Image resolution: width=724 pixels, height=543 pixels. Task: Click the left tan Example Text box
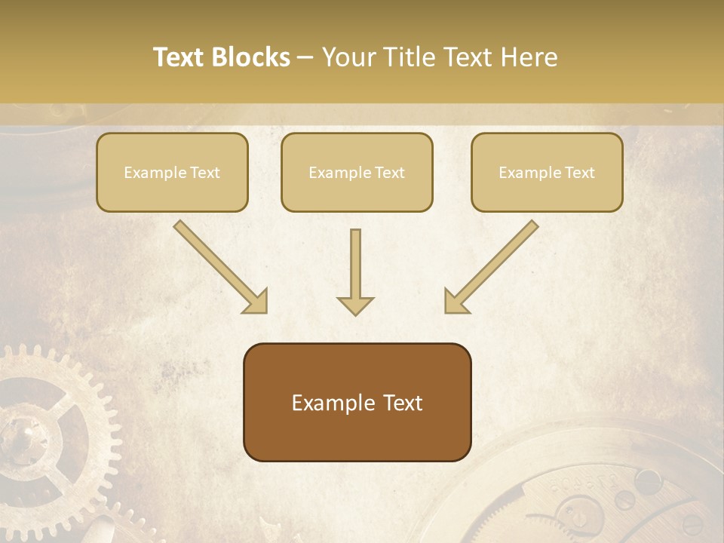[x=172, y=172]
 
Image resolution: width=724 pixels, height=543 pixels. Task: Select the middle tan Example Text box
[x=357, y=172]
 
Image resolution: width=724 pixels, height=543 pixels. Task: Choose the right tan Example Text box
[x=547, y=172]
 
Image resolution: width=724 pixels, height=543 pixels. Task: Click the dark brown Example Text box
[x=357, y=402]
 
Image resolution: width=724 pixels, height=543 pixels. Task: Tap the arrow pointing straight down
[x=355, y=268]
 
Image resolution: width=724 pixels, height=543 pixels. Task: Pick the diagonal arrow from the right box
[x=492, y=266]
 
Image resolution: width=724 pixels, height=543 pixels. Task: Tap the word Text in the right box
[x=579, y=173]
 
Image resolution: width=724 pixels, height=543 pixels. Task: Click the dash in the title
[x=305, y=58]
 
